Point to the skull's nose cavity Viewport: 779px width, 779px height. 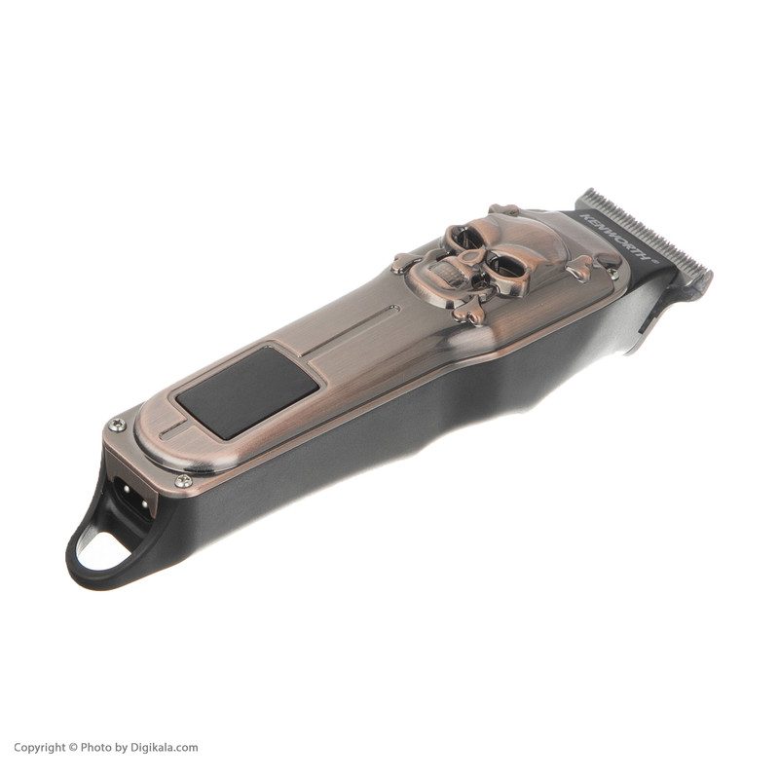coord(468,257)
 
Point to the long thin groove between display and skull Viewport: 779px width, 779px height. coord(351,331)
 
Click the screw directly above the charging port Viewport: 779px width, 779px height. coord(117,424)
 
